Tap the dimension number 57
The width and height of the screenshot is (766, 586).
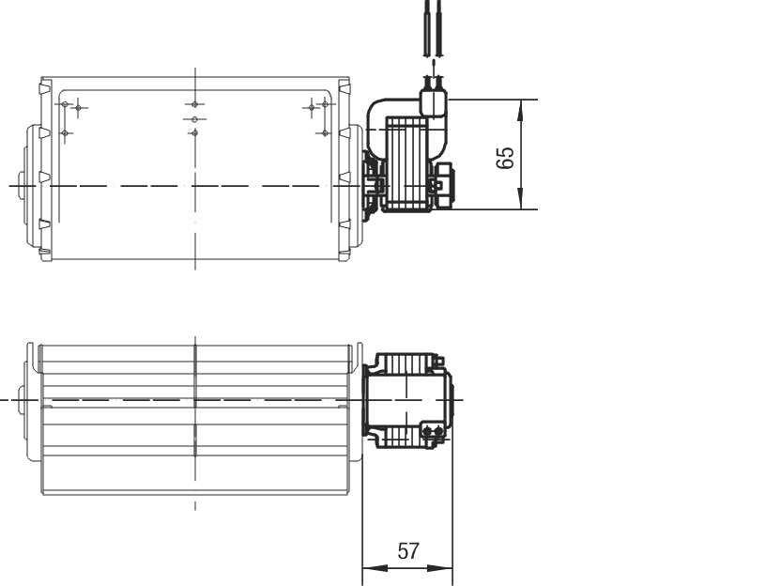pos(408,551)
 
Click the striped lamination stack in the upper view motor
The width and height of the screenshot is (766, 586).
pos(407,163)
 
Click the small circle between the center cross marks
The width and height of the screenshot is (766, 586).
pos(194,120)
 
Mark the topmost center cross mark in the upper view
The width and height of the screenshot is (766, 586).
pos(194,103)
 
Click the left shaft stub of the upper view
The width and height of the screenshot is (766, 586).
pos(22,184)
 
